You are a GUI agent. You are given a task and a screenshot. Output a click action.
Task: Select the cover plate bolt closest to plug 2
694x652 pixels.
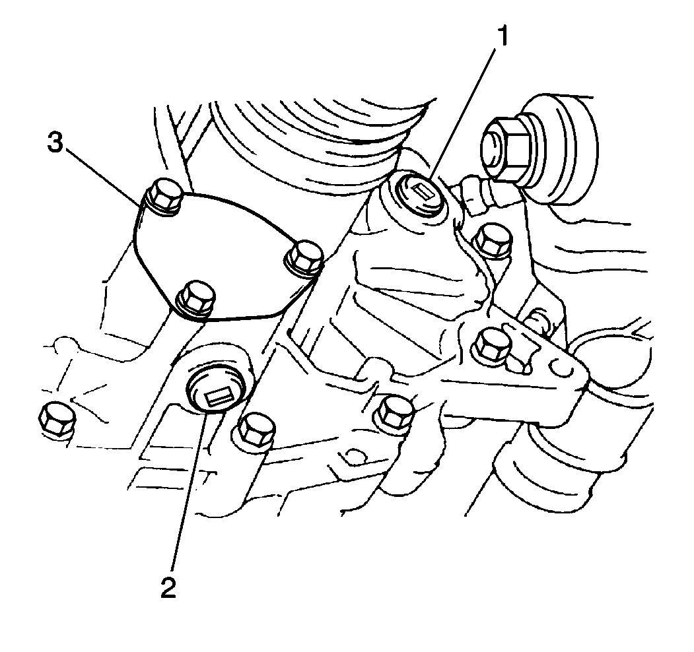[x=195, y=300]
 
